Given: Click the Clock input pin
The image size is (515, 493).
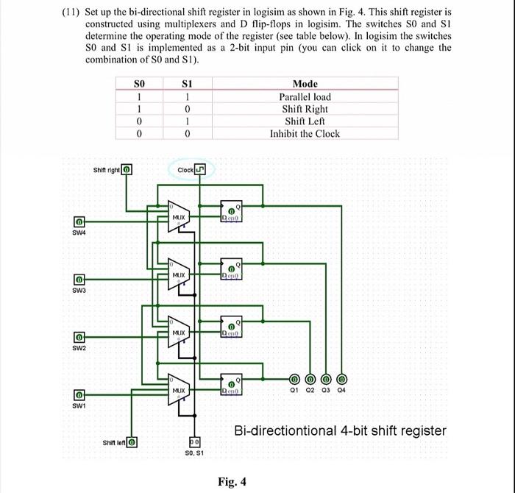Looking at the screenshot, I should click(x=202, y=171).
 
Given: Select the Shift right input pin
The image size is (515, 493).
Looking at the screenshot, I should click(x=127, y=171).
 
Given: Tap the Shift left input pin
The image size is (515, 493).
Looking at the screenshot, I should click(x=132, y=442).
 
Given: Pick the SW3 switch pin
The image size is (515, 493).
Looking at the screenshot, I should click(x=77, y=280).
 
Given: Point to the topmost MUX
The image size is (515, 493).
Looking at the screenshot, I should click(x=179, y=217).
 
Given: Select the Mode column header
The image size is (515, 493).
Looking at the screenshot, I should click(x=305, y=85).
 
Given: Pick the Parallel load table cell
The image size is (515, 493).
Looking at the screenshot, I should click(x=305, y=97).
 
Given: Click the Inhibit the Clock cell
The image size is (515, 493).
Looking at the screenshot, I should click(x=305, y=133).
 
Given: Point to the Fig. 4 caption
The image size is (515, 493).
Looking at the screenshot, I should click(x=232, y=482).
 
